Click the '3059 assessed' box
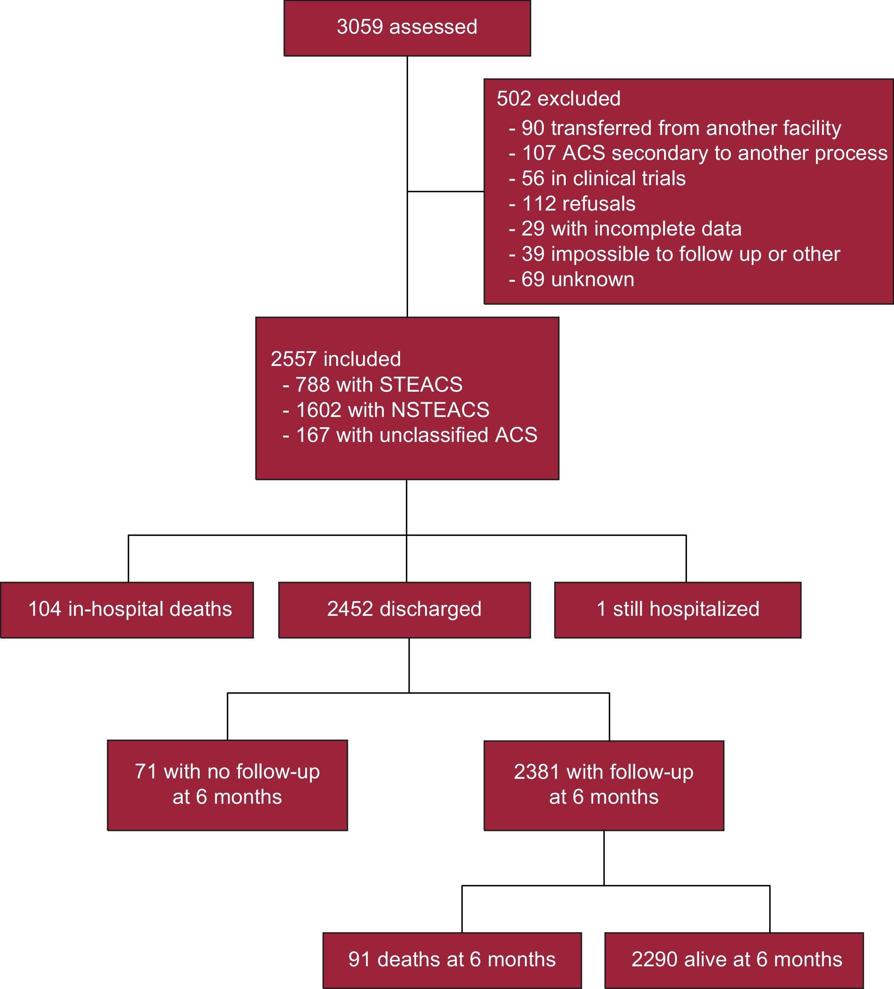[407, 28]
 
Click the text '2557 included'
[335, 359]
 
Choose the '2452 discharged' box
[404, 609]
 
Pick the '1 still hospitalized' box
[678, 609]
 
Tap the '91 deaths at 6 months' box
[452, 960]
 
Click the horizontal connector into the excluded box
[445, 191]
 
